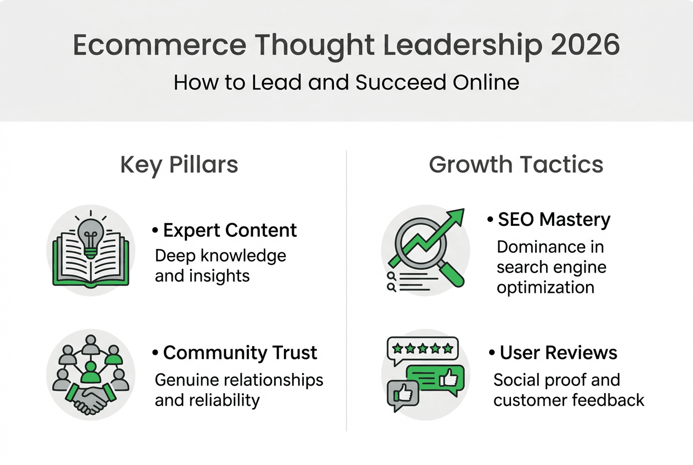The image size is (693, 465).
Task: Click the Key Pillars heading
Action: click(x=179, y=165)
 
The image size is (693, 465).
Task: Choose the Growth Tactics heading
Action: click(x=516, y=165)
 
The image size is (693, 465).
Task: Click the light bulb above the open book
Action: click(x=90, y=236)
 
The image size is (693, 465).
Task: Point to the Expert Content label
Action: click(x=230, y=230)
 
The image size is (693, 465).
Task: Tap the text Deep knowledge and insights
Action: click(x=220, y=265)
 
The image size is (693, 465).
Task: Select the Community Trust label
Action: click(x=240, y=353)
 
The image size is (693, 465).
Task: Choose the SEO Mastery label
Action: click(x=554, y=220)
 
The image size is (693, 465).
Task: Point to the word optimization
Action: click(x=546, y=287)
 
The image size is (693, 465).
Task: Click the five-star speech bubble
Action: click(x=422, y=349)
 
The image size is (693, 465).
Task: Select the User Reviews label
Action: click(x=558, y=353)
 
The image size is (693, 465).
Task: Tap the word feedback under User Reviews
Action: click(x=607, y=400)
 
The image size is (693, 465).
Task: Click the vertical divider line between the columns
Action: click(x=346, y=291)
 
